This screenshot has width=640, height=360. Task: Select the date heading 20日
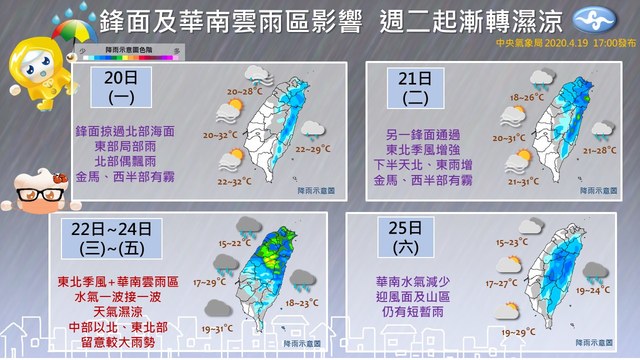(125, 84)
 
